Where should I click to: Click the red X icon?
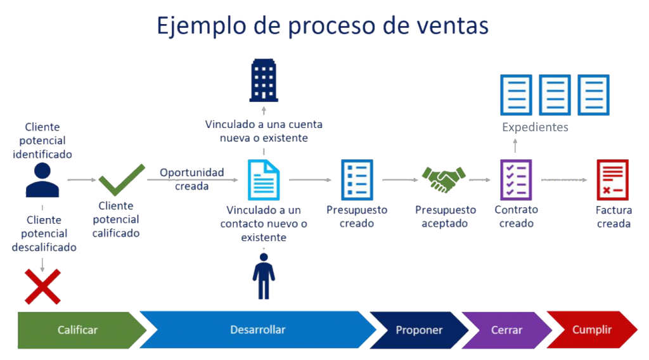[42, 286]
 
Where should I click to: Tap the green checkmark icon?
[122, 180]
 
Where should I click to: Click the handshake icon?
[444, 179]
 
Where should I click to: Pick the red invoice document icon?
[612, 180]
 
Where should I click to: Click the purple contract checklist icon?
[516, 180]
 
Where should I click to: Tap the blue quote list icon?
[357, 180]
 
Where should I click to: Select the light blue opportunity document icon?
[263, 180]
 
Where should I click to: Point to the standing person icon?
[264, 276]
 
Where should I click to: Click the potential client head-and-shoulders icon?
[42, 180]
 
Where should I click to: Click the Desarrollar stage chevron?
[257, 330]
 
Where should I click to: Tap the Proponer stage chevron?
[419, 330]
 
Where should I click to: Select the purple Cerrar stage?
[506, 330]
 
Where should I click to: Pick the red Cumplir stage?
[592, 330]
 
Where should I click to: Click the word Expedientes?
[535, 127]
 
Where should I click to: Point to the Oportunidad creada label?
[191, 179]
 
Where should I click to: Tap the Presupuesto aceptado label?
[445, 216]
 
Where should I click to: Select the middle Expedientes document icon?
[555, 95]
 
